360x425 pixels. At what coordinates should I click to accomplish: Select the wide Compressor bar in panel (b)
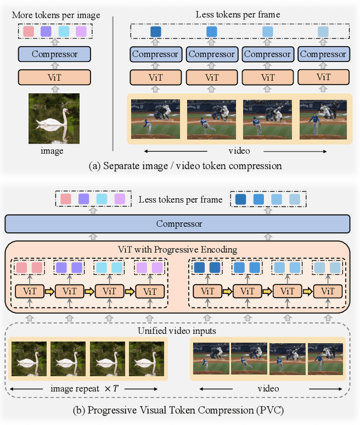point(179,224)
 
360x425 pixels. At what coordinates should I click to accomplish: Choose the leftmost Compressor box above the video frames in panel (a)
point(156,55)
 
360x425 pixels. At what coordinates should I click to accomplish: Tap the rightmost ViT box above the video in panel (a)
point(323,77)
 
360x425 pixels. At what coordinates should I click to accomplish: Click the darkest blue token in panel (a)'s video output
point(156,32)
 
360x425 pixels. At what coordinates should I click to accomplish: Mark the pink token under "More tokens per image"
point(29,32)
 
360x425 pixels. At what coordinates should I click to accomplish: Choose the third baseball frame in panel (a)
point(267,119)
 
